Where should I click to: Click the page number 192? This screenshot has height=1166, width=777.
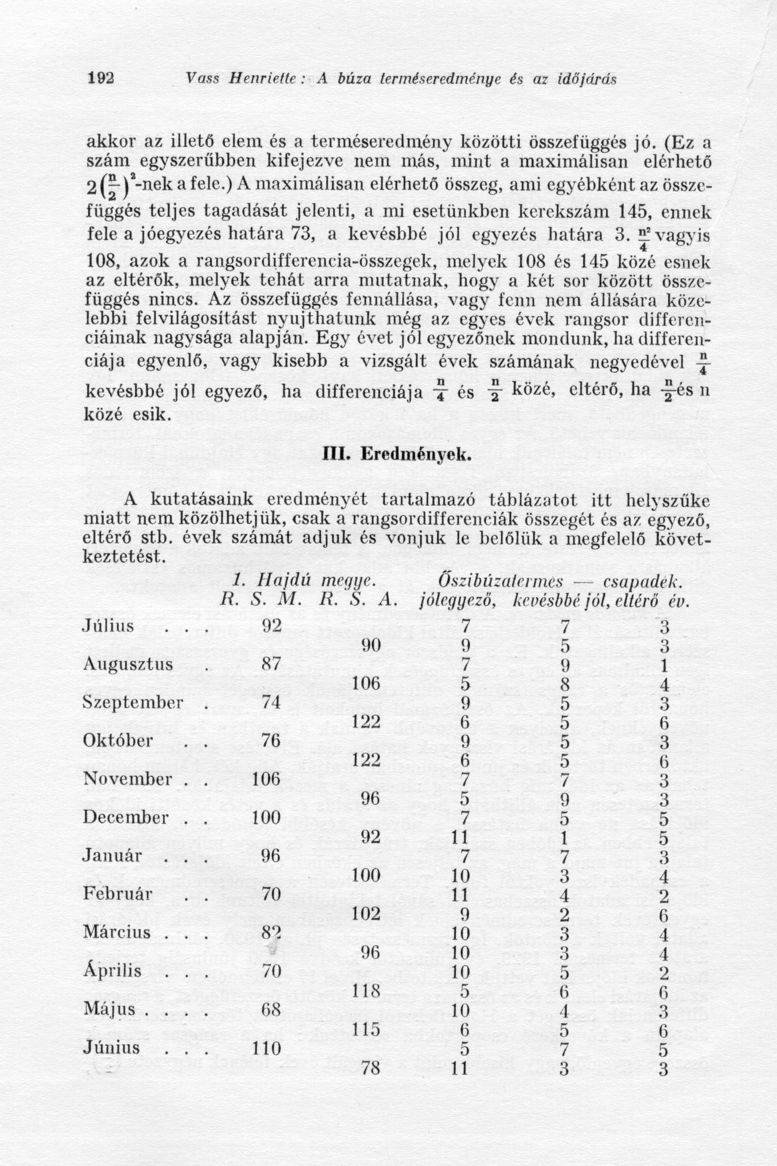pos(101,79)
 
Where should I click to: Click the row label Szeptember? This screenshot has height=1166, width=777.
pos(133,703)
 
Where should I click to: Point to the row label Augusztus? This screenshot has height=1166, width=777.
pos(127,664)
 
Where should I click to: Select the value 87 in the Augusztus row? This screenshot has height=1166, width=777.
pos(271,664)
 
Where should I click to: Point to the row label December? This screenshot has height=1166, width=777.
pos(126,817)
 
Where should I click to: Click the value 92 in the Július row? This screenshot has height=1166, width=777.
pos(271,626)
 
